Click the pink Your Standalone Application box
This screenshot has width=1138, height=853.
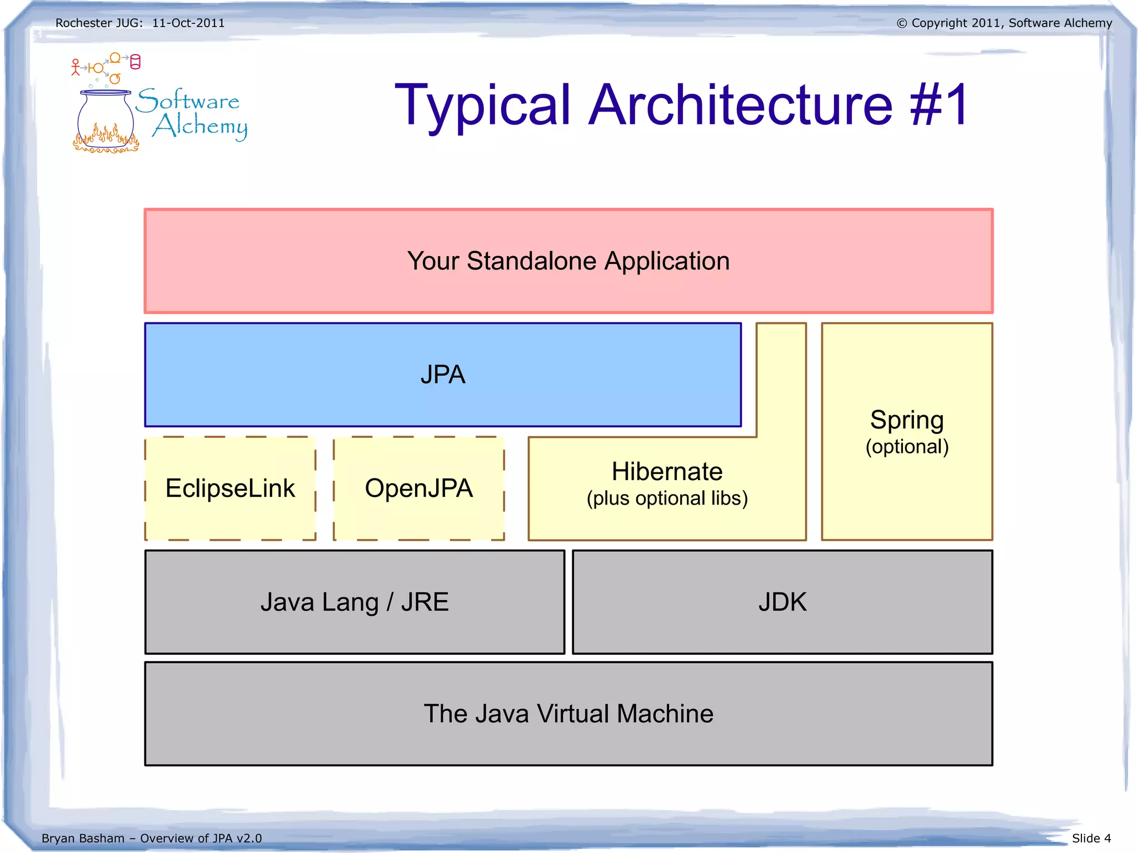(568, 261)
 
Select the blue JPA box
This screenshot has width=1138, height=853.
(442, 375)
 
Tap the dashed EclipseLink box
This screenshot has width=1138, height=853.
(230, 488)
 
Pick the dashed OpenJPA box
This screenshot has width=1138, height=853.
(418, 488)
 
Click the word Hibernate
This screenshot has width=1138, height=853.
(667, 471)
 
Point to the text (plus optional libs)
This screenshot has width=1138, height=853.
(667, 498)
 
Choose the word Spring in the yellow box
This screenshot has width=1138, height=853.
(907, 420)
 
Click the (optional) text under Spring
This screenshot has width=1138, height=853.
(907, 447)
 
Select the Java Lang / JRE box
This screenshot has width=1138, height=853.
(355, 602)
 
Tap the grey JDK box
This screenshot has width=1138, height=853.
(782, 602)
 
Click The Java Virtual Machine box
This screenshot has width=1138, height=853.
(568, 714)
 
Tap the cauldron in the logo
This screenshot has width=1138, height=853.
(106, 119)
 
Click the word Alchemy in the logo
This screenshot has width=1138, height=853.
(200, 126)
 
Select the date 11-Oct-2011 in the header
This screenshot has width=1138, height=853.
(188, 23)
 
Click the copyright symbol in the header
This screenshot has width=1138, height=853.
(901, 23)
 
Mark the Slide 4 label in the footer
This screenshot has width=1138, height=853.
(1091, 838)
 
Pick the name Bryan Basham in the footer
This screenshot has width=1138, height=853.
(83, 838)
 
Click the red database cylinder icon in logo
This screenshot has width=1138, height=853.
(135, 62)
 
